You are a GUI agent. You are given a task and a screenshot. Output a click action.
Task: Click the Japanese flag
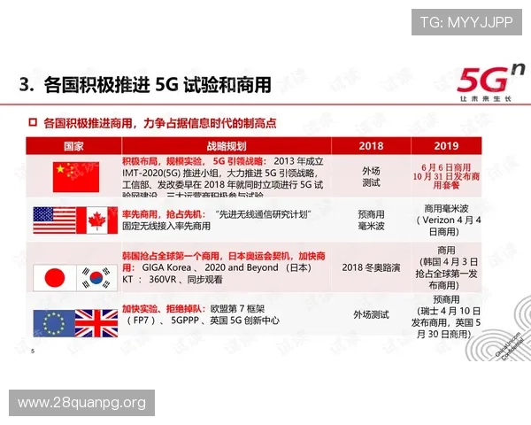[x=54, y=277]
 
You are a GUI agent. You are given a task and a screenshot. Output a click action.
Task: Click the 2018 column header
[x=371, y=145]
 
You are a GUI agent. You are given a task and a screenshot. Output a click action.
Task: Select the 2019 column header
[x=448, y=145]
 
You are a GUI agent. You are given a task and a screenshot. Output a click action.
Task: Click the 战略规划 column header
[x=225, y=145]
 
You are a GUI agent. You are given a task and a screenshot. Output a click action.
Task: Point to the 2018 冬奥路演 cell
[x=371, y=268]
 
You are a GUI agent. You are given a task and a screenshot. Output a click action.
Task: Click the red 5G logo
[x=481, y=81]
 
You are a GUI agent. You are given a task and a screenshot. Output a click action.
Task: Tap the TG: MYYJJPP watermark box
[x=466, y=22]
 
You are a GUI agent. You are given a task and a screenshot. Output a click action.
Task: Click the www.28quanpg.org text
[x=81, y=404]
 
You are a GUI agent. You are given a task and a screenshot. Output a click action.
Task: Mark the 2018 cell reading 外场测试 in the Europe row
[x=371, y=314]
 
